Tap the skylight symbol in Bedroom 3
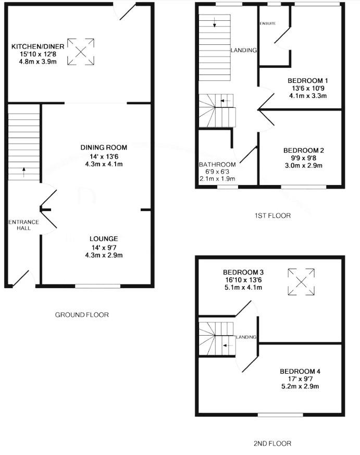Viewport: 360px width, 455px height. pos(301,281)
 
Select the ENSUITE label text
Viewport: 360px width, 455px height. pos(268,23)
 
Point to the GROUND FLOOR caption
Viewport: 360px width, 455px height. pos(82,315)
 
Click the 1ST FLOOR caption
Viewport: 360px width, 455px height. pos(273,216)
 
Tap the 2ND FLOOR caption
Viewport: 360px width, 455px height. pos(272,444)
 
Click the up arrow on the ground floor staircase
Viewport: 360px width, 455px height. pos(23,169)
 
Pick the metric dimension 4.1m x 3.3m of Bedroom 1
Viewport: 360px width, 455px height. pos(308,96)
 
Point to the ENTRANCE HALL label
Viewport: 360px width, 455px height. pos(23,225)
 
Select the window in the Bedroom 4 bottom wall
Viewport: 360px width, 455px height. pos(280,415)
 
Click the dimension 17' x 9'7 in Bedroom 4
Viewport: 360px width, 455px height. pos(300,379)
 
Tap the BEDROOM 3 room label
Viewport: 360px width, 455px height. pos(244,272)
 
